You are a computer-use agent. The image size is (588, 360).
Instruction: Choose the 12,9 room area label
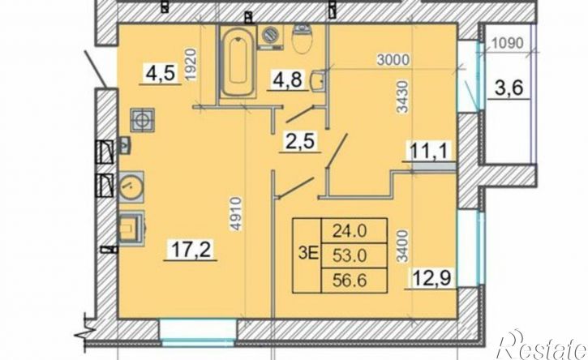pos(432,281)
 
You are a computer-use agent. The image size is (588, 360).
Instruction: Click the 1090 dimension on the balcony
pos(509,43)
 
